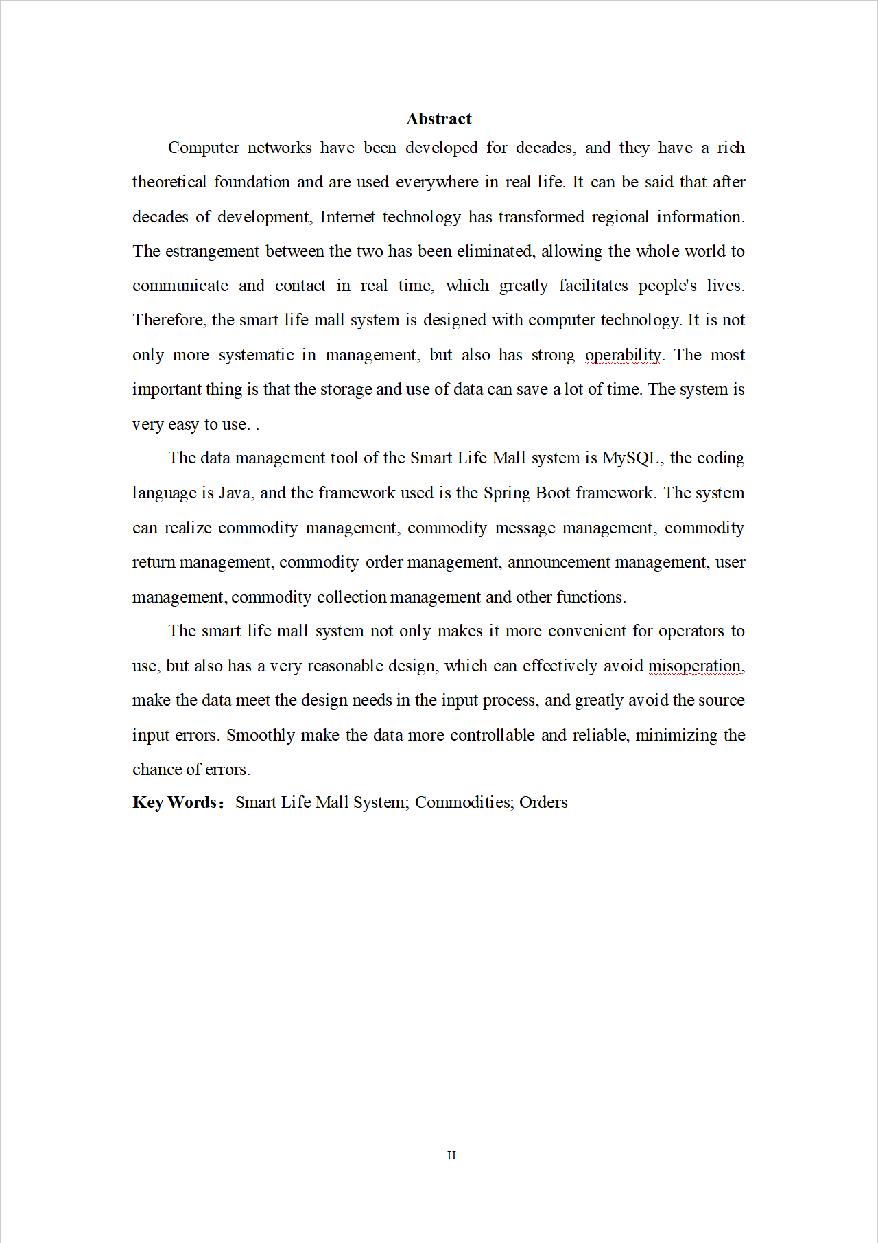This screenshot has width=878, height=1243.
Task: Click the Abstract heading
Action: [x=438, y=119]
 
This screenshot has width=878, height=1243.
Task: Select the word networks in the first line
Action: [x=279, y=148]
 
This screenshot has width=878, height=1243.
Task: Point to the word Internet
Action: [x=347, y=217]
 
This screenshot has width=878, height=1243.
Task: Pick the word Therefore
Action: [x=168, y=320]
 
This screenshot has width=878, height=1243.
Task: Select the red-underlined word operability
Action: [x=623, y=355]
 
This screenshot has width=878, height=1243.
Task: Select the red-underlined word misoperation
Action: [x=694, y=666]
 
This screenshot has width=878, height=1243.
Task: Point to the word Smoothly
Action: [x=260, y=735]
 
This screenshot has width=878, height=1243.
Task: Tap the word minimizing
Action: [x=676, y=735]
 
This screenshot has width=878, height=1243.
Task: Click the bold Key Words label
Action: [x=177, y=802]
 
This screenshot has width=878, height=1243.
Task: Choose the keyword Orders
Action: [x=543, y=802]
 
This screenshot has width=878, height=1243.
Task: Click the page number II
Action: [x=451, y=1155]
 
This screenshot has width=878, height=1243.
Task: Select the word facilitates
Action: [x=593, y=286]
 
